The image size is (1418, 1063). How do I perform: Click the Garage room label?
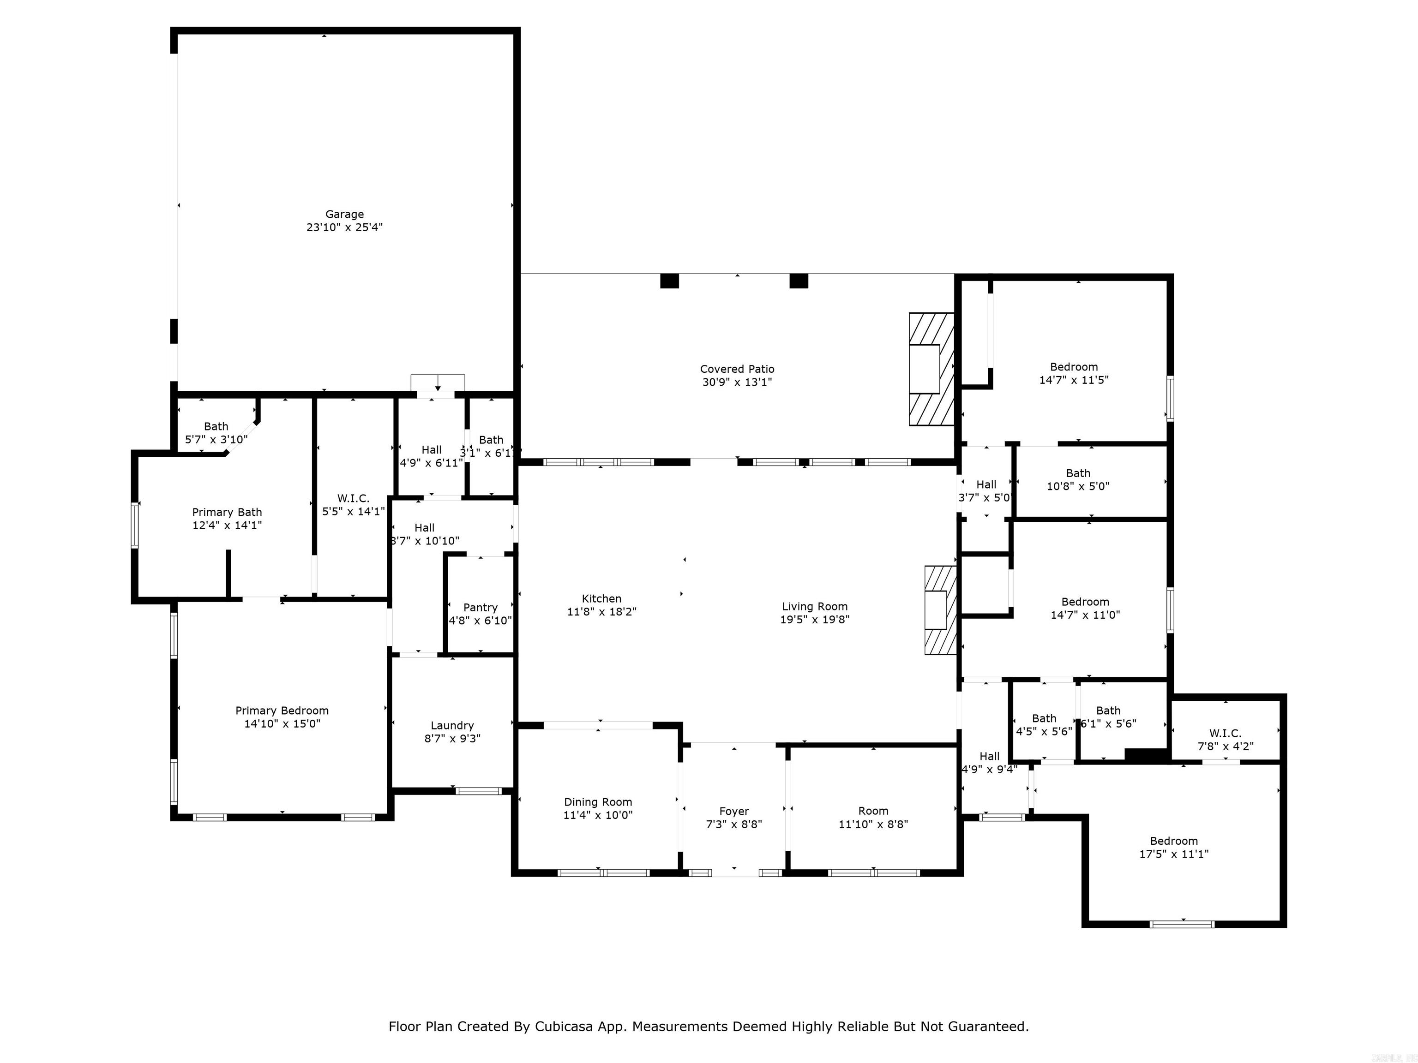[344, 214]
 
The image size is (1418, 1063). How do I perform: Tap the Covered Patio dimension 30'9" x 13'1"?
[737, 382]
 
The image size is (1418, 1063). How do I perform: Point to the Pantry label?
[480, 608]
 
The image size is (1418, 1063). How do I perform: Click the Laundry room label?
[452, 725]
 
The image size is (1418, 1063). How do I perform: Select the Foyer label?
[733, 811]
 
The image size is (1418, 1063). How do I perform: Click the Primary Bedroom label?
[282, 711]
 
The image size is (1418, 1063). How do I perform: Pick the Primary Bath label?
[227, 512]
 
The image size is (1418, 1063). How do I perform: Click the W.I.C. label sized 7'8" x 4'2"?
[1225, 733]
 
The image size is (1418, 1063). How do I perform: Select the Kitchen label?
[601, 598]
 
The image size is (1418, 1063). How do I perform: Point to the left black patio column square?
[669, 281]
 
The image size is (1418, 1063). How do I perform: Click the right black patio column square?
[798, 281]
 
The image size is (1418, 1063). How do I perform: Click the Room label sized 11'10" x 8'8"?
[873, 811]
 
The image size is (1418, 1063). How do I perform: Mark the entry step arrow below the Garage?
[437, 384]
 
